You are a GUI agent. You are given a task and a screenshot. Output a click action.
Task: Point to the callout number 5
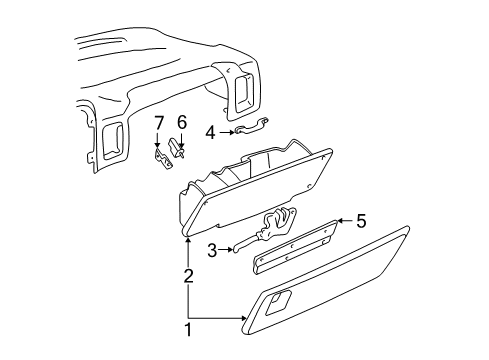(x=363, y=222)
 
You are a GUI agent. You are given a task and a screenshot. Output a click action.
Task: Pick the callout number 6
(x=181, y=122)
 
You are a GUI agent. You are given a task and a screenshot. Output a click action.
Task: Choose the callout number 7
(x=158, y=122)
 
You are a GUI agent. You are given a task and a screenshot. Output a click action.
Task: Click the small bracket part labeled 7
(x=159, y=157)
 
